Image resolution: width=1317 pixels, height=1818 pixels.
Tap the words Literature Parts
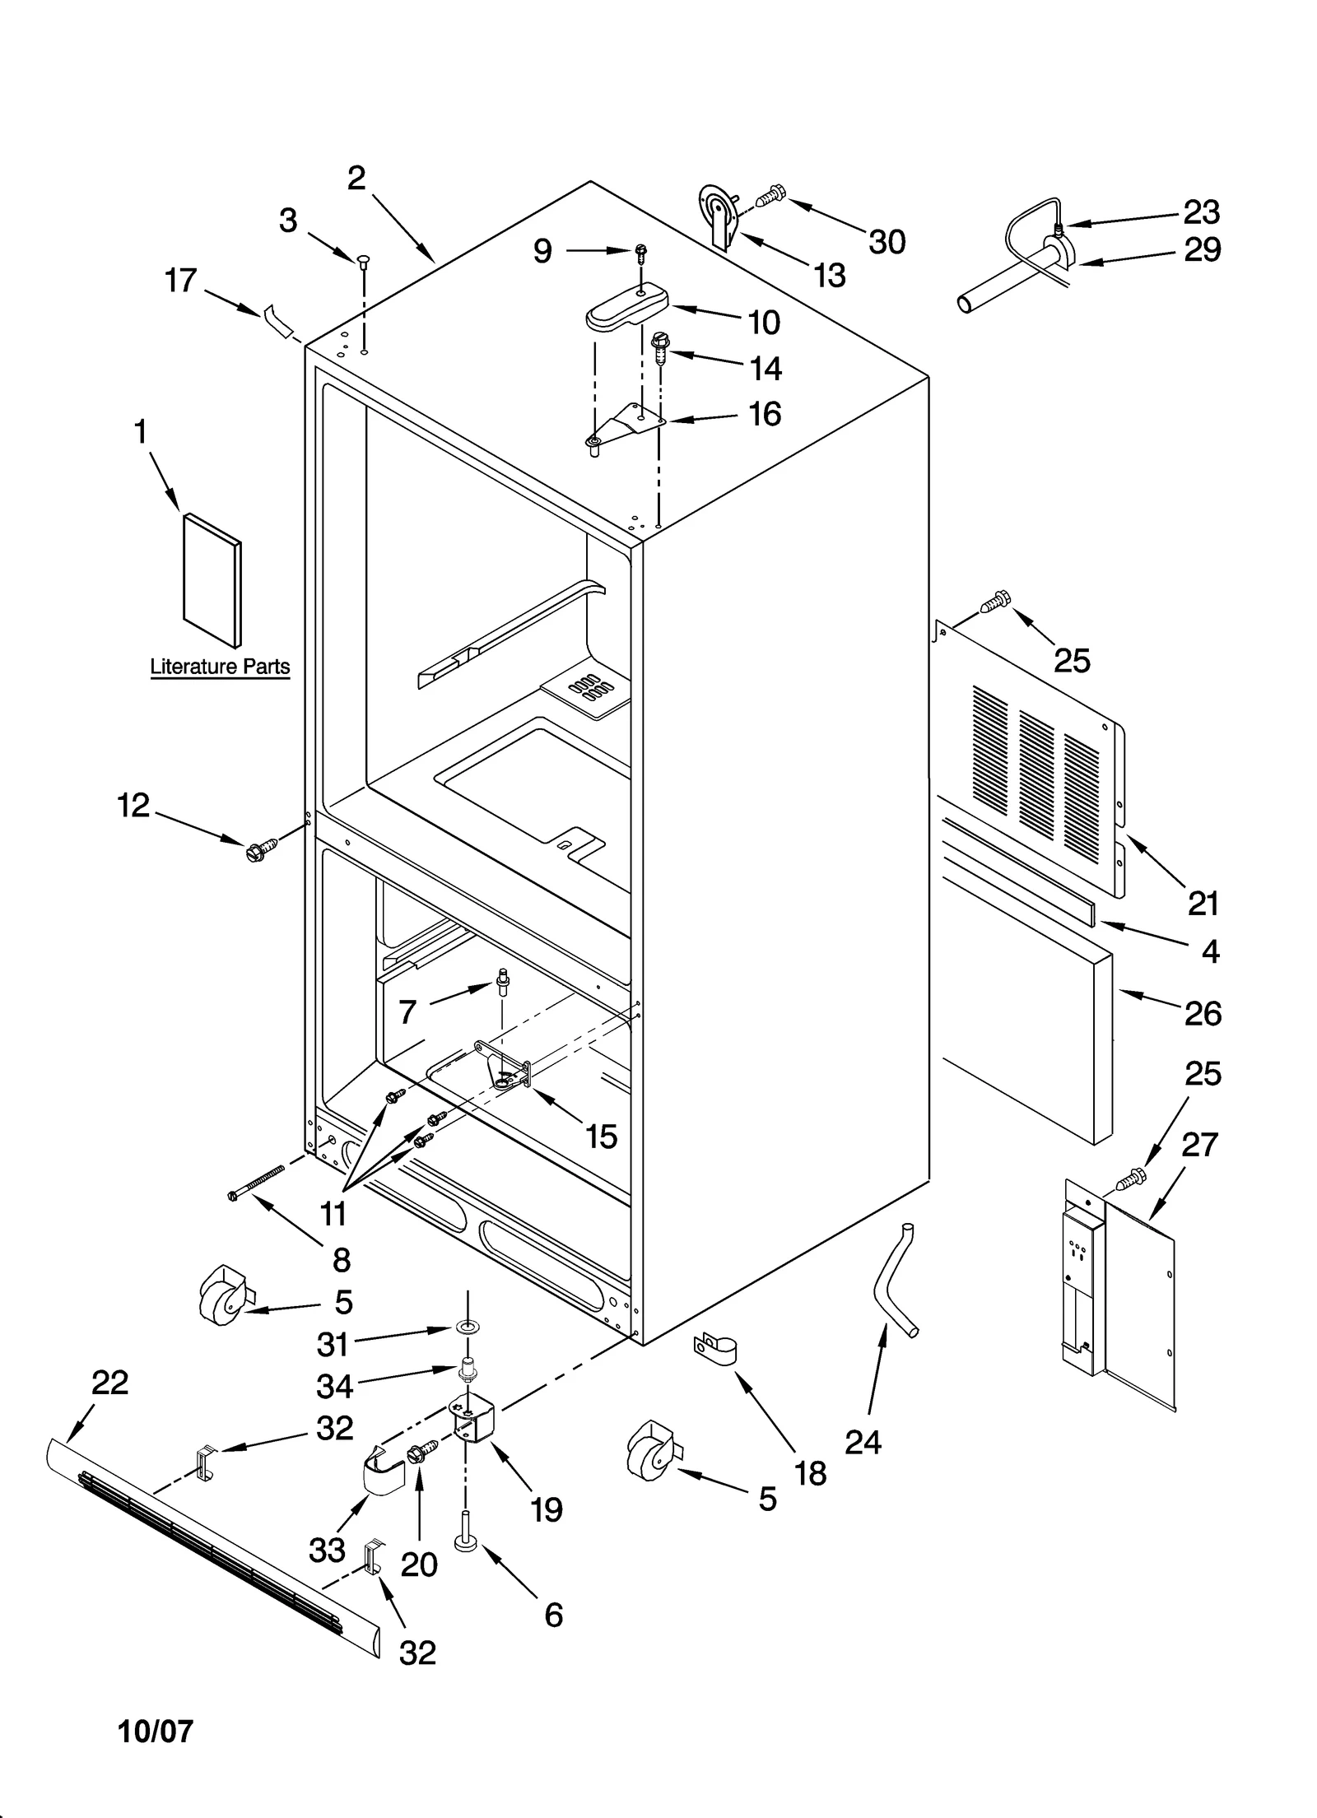click(x=220, y=667)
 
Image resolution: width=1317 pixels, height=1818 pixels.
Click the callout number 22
click(x=109, y=1383)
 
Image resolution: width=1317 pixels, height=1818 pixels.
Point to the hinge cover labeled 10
click(x=626, y=307)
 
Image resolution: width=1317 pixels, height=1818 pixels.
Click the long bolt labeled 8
click(x=256, y=1182)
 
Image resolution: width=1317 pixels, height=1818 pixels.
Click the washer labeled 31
click(x=468, y=1327)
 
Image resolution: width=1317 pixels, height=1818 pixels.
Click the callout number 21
click(x=1203, y=904)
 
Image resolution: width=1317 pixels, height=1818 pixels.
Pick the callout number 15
click(x=601, y=1137)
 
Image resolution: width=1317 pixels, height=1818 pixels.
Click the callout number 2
click(x=356, y=177)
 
